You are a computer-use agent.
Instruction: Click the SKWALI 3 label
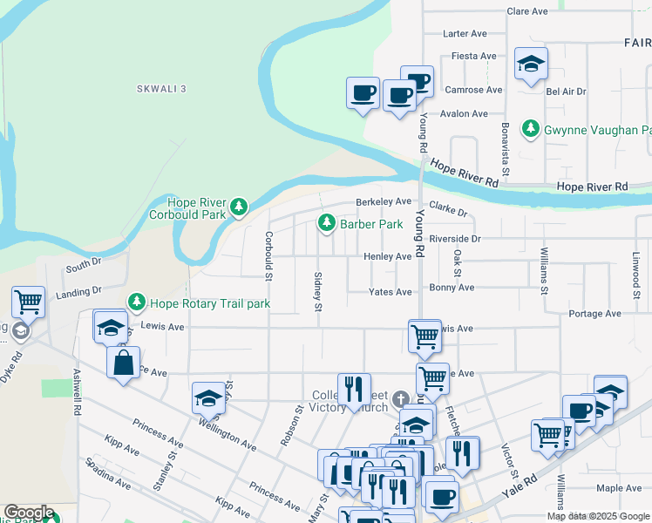coord(161,89)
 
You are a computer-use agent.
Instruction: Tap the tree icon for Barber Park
coord(327,224)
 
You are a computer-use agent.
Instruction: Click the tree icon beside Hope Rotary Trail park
coord(137,303)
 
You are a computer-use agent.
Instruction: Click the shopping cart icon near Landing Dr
coord(28,302)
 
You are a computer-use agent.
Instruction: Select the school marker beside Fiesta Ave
coord(530,64)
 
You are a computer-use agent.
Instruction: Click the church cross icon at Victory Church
coord(400,399)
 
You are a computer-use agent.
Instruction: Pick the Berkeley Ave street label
coord(383,201)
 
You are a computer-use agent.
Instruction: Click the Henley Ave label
coord(387,257)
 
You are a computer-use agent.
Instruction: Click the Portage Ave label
coord(593,313)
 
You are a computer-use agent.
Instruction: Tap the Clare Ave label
coord(526,11)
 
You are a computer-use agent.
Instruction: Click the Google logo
coord(29,513)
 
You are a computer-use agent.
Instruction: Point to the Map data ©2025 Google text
coord(597,516)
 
